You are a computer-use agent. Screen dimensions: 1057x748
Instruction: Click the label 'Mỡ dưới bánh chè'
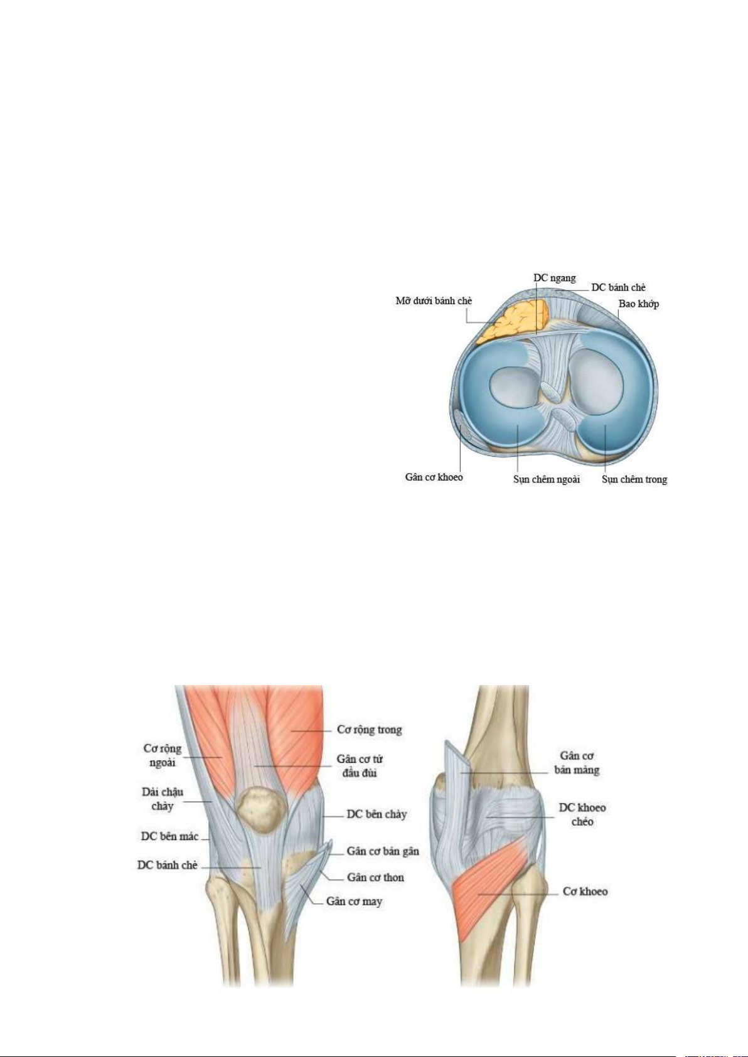point(433,301)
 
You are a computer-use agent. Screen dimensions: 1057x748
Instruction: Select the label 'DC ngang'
point(554,278)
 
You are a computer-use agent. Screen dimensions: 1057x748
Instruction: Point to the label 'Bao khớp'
point(638,304)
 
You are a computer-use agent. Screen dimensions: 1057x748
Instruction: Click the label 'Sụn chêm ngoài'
point(546,480)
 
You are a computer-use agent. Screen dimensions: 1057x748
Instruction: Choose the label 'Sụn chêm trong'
point(634,480)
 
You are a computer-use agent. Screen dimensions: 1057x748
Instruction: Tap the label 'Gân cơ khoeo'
point(434,477)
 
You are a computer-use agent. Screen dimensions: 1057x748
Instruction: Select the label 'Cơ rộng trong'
point(369,730)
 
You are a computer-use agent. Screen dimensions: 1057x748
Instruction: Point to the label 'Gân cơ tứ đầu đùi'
point(360,766)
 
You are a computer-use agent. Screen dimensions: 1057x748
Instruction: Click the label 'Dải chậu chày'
point(162,799)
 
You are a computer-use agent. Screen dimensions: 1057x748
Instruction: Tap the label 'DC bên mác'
point(169,836)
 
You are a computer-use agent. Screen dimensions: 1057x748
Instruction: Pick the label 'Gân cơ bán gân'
point(383,851)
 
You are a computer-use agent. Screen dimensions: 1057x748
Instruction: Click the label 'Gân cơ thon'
point(375,878)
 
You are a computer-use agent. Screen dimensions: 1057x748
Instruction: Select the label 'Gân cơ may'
point(354,901)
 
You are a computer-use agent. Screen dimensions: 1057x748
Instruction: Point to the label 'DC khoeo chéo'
point(582,814)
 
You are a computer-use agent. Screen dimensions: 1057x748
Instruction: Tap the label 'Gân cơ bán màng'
point(577,763)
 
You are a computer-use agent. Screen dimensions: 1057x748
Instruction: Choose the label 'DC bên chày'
point(377,814)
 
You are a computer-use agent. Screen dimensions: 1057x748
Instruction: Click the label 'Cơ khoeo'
point(585,891)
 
